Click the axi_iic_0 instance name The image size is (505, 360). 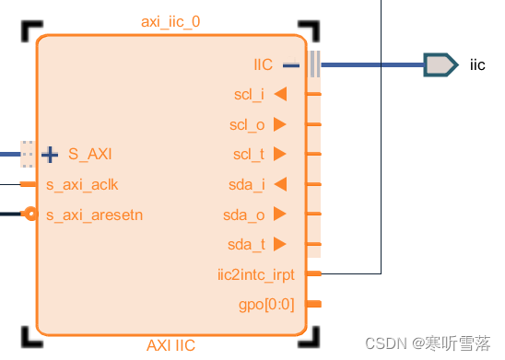pyautogui.click(x=170, y=21)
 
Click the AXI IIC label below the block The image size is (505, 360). pyautogui.click(x=170, y=345)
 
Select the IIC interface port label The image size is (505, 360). pyautogui.click(x=264, y=64)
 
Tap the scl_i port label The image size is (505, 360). pyautogui.click(x=249, y=94)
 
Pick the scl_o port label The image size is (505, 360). pyautogui.click(x=249, y=124)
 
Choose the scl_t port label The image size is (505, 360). pyautogui.click(x=249, y=154)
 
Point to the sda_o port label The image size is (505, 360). pyautogui.click(x=244, y=215)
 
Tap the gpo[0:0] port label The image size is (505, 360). pyautogui.click(x=266, y=303)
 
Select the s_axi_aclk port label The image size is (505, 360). pyautogui.click(x=82, y=184)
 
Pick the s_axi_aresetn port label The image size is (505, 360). pyautogui.click(x=94, y=215)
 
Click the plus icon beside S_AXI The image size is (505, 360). pyautogui.click(x=50, y=154)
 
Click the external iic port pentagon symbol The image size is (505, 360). pyautogui.click(x=440, y=64)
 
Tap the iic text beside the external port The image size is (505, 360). pyautogui.click(x=476, y=64)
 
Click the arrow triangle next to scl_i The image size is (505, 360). pyautogui.click(x=280, y=94)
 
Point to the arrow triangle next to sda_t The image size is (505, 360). pyautogui.click(x=280, y=244)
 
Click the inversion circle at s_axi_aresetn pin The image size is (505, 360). pyautogui.click(x=31, y=215)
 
